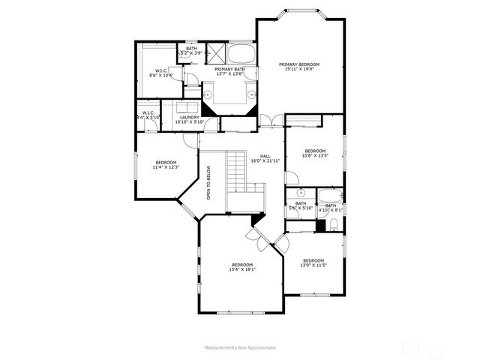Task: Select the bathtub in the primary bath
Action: [x=240, y=54]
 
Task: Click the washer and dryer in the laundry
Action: [x=190, y=106]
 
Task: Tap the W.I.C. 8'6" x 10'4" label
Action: [x=161, y=73]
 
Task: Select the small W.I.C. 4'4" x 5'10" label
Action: [x=148, y=115]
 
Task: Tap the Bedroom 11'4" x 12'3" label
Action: [x=166, y=165]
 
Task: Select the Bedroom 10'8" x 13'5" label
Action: [x=314, y=152]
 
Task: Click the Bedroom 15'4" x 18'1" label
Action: [x=241, y=267]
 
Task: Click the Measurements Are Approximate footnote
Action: [x=239, y=347]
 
